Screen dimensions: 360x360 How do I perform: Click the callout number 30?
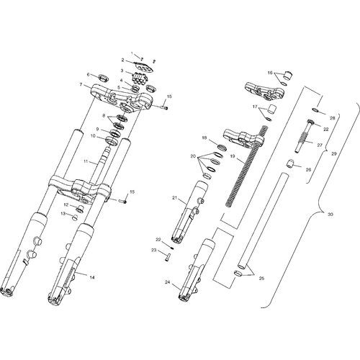click(x=330, y=215)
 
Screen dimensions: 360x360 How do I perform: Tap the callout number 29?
click(x=334, y=154)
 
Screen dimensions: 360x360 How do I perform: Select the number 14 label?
click(x=92, y=277)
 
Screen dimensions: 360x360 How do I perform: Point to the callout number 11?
click(x=86, y=161)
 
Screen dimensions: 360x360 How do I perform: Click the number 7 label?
click(x=81, y=85)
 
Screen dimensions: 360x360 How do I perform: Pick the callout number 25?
click(x=261, y=279)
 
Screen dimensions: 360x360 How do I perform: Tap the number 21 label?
click(x=174, y=198)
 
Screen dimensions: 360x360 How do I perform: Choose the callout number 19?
click(x=232, y=156)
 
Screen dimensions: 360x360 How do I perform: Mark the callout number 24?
click(x=167, y=282)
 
